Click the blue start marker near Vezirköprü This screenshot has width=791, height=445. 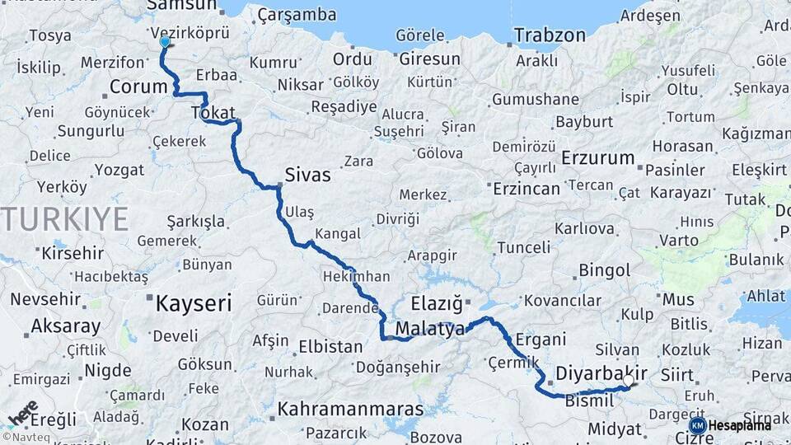[x=165, y=41]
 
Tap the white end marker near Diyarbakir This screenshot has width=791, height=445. [x=630, y=381]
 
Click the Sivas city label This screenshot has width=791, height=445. [x=307, y=175]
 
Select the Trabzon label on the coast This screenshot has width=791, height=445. [x=550, y=35]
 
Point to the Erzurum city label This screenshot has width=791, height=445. [x=598, y=157]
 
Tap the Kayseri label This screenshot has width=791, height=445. [x=194, y=303]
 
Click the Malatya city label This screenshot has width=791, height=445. [x=430, y=330]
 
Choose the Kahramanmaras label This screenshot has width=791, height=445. [x=350, y=409]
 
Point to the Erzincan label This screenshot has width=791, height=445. [x=526, y=189]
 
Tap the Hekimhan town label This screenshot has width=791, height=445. [x=356, y=277]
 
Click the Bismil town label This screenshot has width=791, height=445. [x=589, y=400]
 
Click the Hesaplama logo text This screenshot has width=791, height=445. [x=741, y=425]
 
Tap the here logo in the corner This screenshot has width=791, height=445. [x=22, y=413]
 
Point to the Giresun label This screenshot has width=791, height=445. [x=429, y=59]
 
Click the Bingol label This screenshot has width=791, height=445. [x=604, y=270]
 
